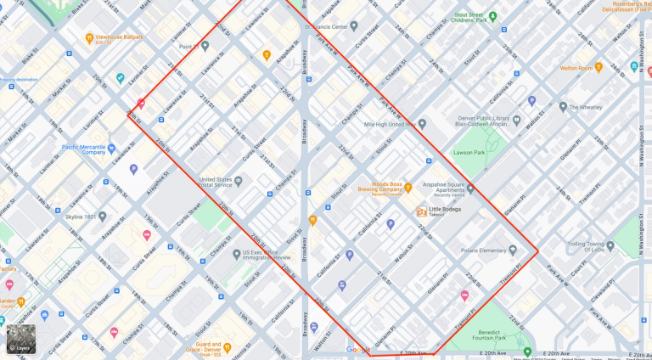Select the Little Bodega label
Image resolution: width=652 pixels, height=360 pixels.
tap(445, 210)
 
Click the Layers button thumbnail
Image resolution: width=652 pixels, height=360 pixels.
tap(21, 339)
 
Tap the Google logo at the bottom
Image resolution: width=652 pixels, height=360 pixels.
tap(357, 350)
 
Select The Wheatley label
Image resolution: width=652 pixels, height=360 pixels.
tap(586, 108)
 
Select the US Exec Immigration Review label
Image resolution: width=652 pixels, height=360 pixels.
tap(267, 254)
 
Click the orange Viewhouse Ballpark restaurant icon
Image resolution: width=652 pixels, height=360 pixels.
tap(89, 38)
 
